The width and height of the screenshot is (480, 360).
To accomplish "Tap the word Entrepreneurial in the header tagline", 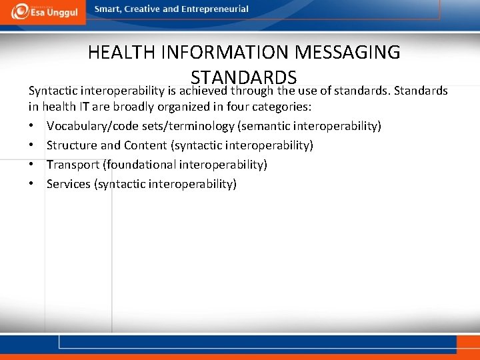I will (215, 9).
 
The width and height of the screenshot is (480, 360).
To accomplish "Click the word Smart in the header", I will (107, 9).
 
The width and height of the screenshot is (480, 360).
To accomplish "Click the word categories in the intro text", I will (284, 107).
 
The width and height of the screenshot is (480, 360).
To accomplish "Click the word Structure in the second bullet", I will (72, 145).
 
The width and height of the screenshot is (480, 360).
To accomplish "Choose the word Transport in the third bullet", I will (73, 165).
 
